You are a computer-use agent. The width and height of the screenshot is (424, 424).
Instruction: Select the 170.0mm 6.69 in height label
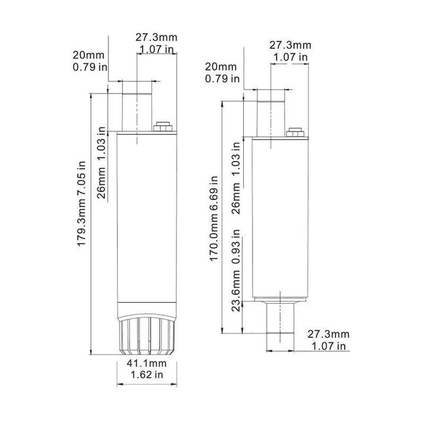click(x=214, y=218)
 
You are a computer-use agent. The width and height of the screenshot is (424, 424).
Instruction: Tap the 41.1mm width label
click(x=147, y=363)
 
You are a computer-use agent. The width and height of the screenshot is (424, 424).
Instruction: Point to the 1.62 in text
click(x=147, y=375)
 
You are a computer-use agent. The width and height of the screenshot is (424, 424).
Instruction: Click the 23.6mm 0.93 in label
click(x=236, y=270)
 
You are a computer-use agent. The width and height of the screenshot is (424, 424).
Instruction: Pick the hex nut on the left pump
click(x=163, y=127)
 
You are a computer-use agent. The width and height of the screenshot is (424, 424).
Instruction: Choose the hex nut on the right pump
click(x=295, y=132)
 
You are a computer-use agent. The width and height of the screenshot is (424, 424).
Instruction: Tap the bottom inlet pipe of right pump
click(x=280, y=318)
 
